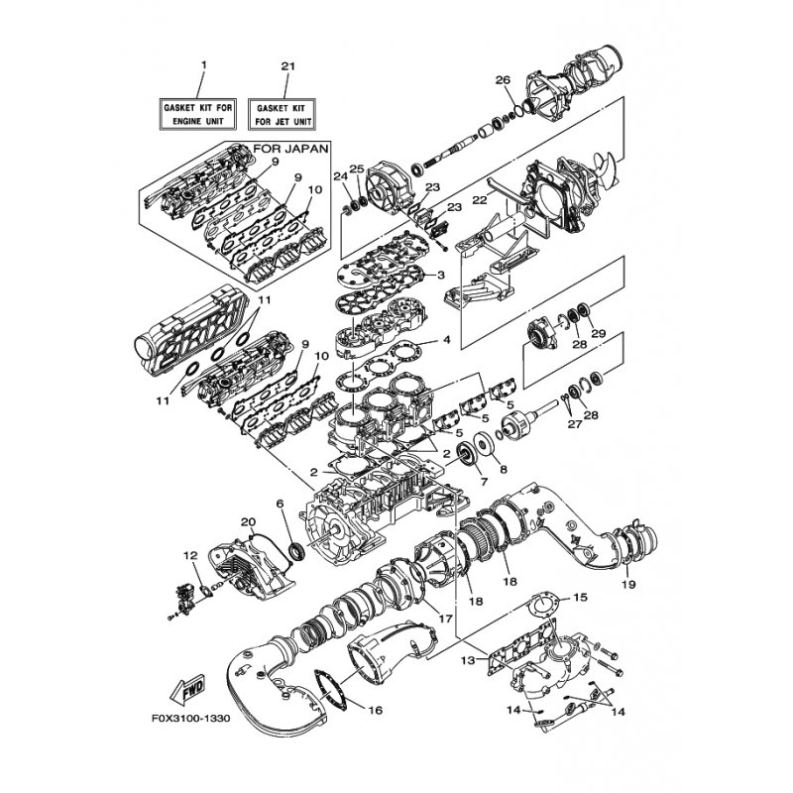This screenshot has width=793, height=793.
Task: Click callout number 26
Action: click(503, 79)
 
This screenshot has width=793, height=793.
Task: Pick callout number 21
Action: click(287, 65)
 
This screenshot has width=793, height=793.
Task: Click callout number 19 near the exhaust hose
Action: click(627, 585)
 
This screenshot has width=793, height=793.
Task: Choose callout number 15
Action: click(581, 597)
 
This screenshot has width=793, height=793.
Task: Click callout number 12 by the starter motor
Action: click(190, 555)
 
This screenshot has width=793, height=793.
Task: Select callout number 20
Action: click(248, 522)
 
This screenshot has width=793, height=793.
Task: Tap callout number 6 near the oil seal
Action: click(281, 505)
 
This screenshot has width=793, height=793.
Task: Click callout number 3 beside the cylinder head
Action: click(440, 275)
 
